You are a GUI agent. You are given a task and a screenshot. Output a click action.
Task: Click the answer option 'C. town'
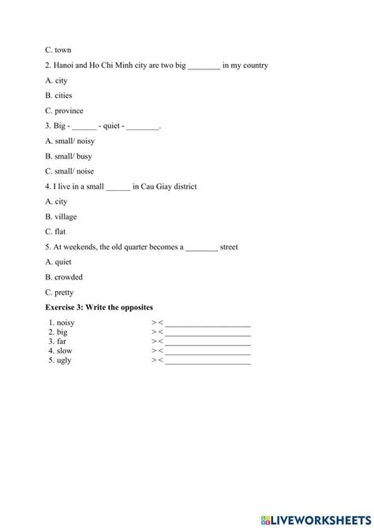point(58,50)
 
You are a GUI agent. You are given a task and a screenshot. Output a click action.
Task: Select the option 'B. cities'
point(58,95)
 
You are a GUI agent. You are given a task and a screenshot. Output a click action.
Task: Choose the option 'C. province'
point(64,110)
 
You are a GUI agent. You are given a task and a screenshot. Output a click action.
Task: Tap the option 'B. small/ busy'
point(69,156)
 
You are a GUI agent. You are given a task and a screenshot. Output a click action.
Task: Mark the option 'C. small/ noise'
point(69,171)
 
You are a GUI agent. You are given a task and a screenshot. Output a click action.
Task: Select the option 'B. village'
point(61,216)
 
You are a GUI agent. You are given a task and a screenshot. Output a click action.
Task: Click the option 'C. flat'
point(56,232)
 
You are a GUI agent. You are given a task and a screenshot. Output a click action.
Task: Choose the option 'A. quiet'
point(58,262)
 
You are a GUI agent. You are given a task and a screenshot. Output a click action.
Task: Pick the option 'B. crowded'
point(64,277)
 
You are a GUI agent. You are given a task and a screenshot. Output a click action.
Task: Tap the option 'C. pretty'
point(59,292)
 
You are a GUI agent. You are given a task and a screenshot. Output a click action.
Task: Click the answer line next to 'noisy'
point(207,324)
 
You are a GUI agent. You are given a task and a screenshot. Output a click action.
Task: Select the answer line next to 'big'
point(207,333)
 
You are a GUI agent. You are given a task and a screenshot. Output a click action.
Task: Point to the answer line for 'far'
point(207,343)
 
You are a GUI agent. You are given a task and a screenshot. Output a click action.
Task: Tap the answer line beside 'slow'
point(207,351)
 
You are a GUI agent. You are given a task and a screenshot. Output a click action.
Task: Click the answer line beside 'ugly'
point(207,361)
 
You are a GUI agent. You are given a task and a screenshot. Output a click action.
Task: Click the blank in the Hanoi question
point(204,66)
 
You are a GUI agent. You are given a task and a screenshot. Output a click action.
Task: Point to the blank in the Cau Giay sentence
point(118,187)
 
